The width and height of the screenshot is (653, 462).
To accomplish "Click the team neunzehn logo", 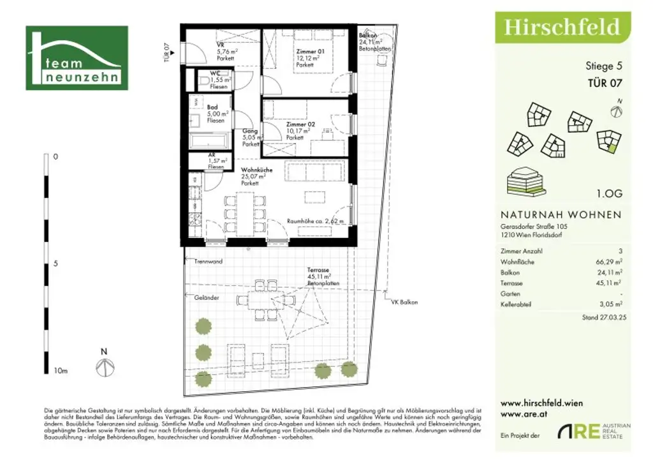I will click(77, 58).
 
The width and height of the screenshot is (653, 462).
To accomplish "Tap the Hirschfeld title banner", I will click(562, 27).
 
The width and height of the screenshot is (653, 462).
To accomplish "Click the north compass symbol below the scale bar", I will click(104, 368).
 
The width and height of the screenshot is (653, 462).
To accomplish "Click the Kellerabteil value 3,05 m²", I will click(609, 304).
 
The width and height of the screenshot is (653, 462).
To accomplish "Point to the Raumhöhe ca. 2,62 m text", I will click(316, 221).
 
